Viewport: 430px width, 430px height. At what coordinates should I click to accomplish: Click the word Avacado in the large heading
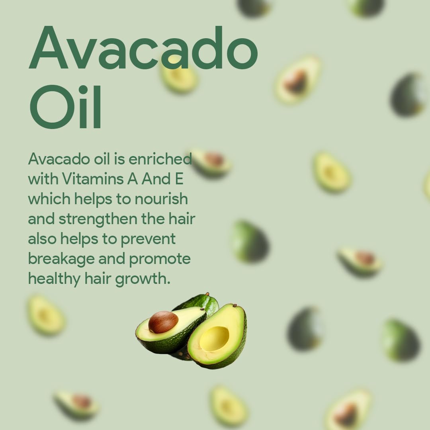143,48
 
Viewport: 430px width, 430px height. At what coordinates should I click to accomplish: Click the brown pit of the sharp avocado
163,322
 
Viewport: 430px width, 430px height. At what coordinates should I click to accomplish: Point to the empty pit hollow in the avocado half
214,338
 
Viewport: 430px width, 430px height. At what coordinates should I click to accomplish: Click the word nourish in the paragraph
161,199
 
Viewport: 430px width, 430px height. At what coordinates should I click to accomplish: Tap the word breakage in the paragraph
61,259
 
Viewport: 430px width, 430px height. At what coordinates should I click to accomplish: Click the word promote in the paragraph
160,259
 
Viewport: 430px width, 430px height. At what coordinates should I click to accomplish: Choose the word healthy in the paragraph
54,279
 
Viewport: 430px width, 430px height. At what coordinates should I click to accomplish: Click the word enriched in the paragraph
160,159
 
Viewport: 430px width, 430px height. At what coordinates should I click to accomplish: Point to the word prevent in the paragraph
148,239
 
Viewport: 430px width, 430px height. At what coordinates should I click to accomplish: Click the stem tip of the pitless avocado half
235,305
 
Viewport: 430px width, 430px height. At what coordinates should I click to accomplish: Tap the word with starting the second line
43,179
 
